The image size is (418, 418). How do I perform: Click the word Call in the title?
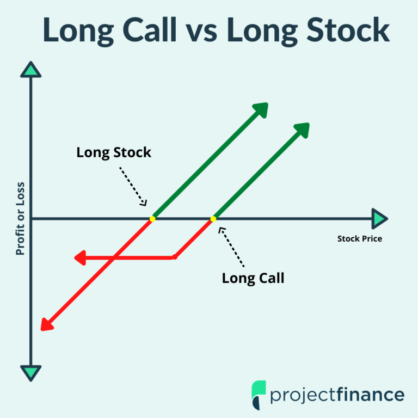click(150, 29)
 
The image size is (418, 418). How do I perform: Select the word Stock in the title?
click(348, 29)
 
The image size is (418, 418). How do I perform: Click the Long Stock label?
click(114, 153)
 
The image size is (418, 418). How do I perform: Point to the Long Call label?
click(253, 279)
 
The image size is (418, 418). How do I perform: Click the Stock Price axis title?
click(360, 238)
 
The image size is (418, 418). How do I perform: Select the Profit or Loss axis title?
click(20, 219)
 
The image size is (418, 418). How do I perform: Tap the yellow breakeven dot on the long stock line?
click(152, 219)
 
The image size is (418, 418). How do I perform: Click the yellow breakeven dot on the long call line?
click(213, 219)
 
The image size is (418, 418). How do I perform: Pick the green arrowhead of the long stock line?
click(261, 109)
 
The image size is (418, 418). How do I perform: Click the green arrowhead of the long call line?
click(303, 130)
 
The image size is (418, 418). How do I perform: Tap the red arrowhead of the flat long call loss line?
click(80, 258)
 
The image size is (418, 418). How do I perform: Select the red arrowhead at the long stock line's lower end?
click(47, 324)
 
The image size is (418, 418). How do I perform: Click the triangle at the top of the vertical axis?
click(31, 70)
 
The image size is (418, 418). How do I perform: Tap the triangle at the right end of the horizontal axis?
click(379, 219)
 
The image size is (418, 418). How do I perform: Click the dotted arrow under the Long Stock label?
click(133, 186)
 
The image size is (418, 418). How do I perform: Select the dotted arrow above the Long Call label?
click(231, 247)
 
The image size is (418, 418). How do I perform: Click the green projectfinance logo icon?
click(259, 395)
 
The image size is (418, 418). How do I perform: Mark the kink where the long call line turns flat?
click(175, 257)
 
